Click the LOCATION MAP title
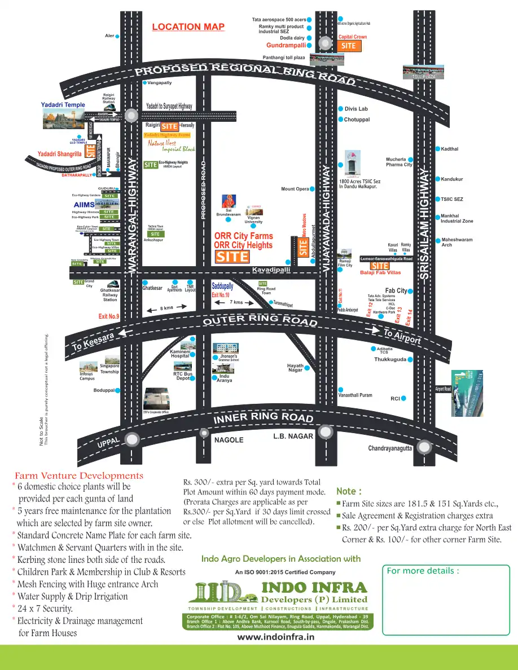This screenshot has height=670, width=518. coord(188,27)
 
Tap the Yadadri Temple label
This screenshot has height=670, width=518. coord(63,105)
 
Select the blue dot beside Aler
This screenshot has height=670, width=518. coord(117,36)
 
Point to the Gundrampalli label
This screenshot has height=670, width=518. coord(286,45)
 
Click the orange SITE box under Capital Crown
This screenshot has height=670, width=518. coord(349,46)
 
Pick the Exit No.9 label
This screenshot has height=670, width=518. coord(109,317)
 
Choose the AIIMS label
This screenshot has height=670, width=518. coord(84,204)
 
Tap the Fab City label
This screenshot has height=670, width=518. coord(396,290)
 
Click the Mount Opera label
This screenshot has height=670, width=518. coord(295,189)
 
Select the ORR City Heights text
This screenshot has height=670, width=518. coord(243,245)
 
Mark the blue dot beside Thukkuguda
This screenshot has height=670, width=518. coord(410,359)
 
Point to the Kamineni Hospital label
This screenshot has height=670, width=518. coord(180,354)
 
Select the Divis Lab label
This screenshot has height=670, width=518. coord(356,109)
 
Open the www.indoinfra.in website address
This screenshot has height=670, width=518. coord(275,637)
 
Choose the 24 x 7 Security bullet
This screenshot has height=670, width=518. coord(45,609)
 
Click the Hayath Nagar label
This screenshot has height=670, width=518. coord(295,368)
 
